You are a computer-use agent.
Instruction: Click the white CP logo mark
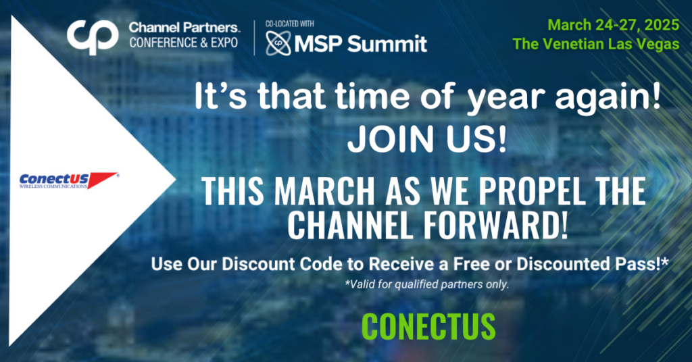click(93, 36)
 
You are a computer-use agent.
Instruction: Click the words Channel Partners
click(184, 27)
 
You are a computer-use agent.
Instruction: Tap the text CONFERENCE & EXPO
click(184, 43)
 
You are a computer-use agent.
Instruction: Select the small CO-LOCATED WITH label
click(289, 24)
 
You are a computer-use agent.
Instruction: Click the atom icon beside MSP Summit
click(278, 44)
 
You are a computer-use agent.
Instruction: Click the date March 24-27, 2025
click(614, 25)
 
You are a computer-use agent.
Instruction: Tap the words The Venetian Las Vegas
click(596, 44)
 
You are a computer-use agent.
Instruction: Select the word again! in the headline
click(608, 98)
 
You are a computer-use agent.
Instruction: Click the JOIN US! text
click(427, 139)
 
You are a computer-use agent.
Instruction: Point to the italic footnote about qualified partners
click(427, 284)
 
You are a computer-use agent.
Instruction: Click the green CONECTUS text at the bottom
click(428, 327)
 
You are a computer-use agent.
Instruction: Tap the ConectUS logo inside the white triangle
click(69, 180)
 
